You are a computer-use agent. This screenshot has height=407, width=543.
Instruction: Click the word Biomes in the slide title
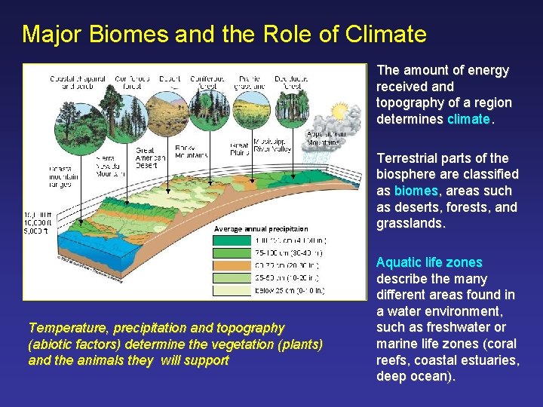[x=125, y=34]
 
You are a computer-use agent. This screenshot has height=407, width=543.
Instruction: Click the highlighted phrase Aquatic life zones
[x=429, y=262]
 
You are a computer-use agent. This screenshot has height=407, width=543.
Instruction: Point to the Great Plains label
[x=240, y=149]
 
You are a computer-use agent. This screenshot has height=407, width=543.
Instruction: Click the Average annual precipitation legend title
[x=261, y=228]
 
